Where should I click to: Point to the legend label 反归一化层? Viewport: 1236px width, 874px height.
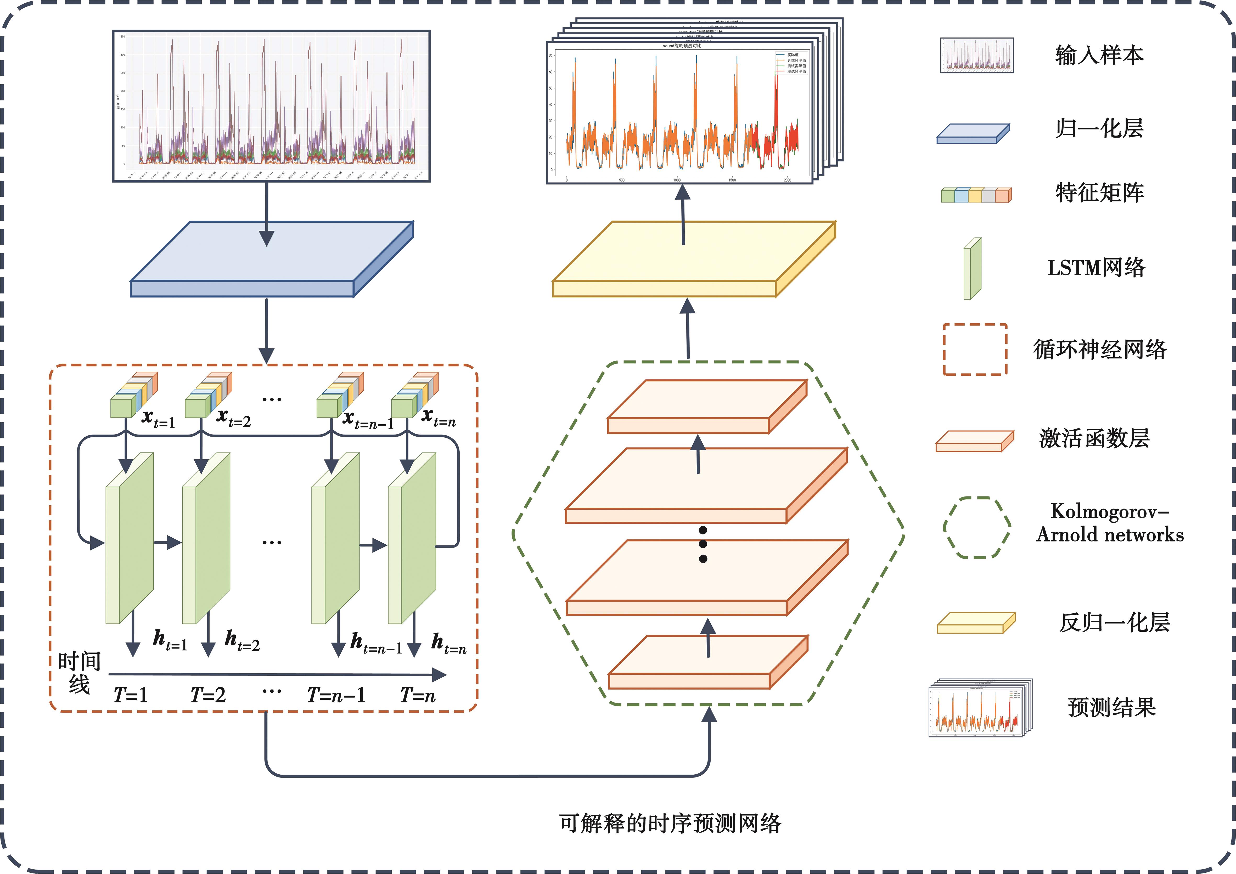coord(1114,623)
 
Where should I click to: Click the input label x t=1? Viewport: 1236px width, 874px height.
coord(158,419)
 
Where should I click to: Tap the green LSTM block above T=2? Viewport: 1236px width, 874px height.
coord(206,538)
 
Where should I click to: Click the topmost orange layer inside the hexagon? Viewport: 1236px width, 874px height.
coord(707,407)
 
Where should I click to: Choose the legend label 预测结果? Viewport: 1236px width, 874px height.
coord(1112,707)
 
